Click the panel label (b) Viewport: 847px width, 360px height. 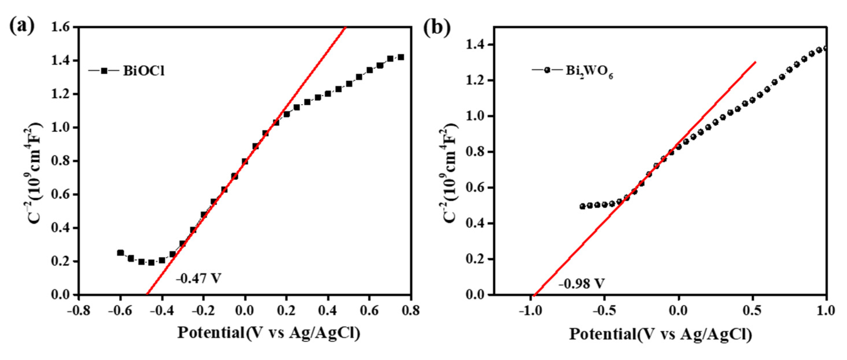coord(437,28)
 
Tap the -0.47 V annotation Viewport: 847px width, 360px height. coord(199,278)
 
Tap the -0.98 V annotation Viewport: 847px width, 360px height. coord(581,283)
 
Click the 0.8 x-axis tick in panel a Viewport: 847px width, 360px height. coord(410,310)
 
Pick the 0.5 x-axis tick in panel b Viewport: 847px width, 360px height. coord(753,310)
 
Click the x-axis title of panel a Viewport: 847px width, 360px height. coord(269,333)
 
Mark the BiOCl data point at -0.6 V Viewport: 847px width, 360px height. coord(121,252)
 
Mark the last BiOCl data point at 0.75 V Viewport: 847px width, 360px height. coord(401,57)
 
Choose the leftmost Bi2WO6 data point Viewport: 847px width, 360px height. coord(582,207)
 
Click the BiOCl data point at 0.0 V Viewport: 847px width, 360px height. coord(245,162)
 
